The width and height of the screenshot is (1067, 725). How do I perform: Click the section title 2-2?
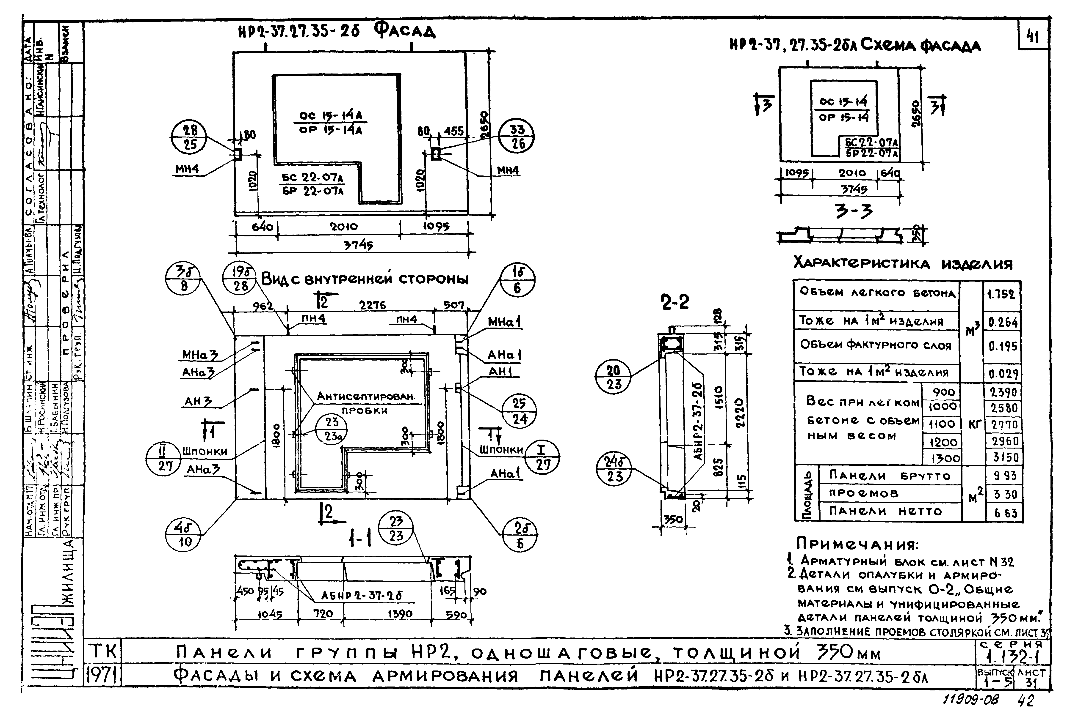674,302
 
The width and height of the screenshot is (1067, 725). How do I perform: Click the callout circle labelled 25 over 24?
519,411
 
